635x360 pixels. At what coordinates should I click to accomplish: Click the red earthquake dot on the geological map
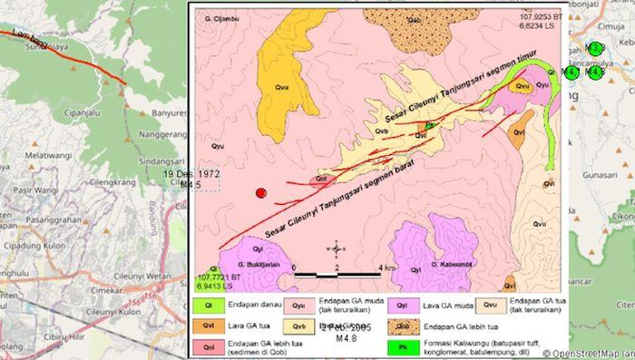(x=261, y=193)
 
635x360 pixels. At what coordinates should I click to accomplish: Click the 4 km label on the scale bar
(x=386, y=268)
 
